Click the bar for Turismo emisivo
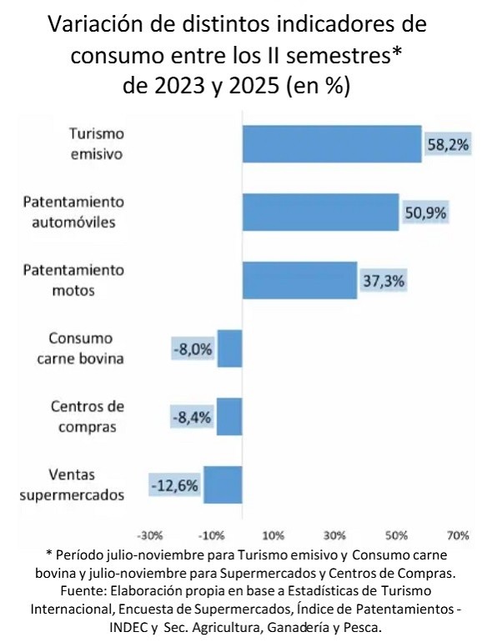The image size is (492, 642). [x=331, y=143]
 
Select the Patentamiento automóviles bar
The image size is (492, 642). [x=320, y=212]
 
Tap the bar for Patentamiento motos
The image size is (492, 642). [x=299, y=280]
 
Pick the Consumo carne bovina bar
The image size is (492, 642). [x=230, y=349]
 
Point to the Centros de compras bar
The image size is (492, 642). [x=229, y=416]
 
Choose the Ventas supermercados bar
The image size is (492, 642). [x=223, y=484]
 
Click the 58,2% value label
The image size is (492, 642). [x=448, y=144]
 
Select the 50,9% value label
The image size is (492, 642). [x=425, y=213]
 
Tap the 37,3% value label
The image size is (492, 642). [x=384, y=281]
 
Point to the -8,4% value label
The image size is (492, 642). [x=193, y=417]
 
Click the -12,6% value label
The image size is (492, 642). [x=174, y=484]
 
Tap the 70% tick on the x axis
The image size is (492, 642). [x=458, y=534]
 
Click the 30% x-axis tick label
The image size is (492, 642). [x=334, y=534]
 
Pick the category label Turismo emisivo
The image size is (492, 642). [x=96, y=143]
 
